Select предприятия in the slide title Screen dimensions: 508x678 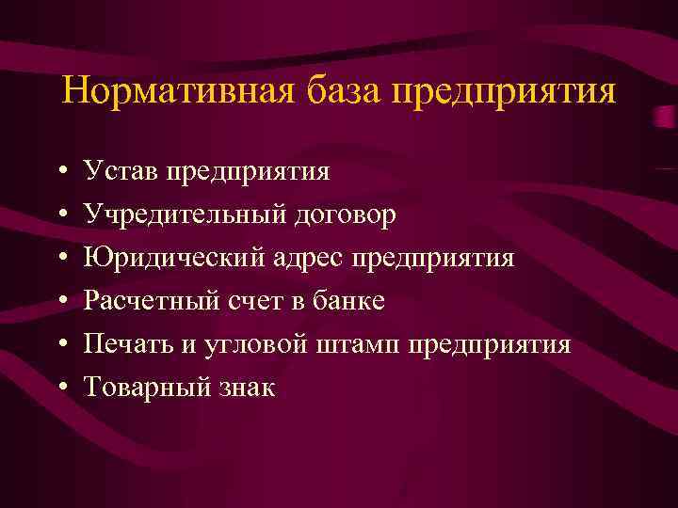click(x=505, y=93)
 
